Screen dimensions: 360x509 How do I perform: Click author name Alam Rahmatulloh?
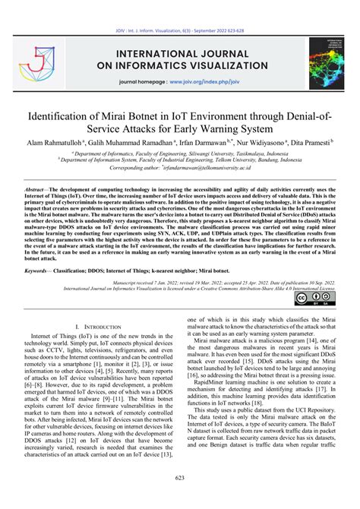click(x=58, y=144)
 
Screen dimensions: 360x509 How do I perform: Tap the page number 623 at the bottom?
click(x=180, y=498)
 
